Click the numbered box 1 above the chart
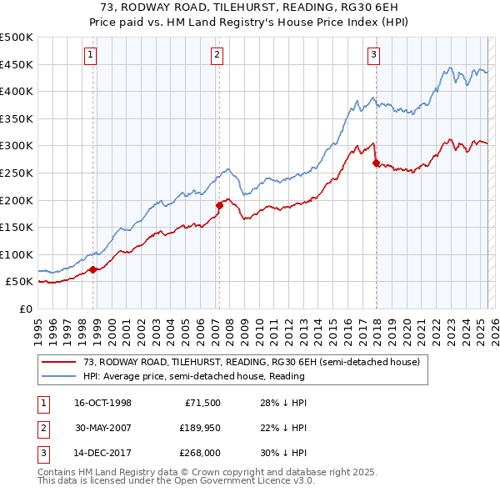click(90, 56)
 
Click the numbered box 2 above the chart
click(217, 56)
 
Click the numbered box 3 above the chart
click(374, 56)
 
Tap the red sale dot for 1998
click(94, 269)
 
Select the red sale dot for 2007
click(220, 204)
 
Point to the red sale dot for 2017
click(376, 163)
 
